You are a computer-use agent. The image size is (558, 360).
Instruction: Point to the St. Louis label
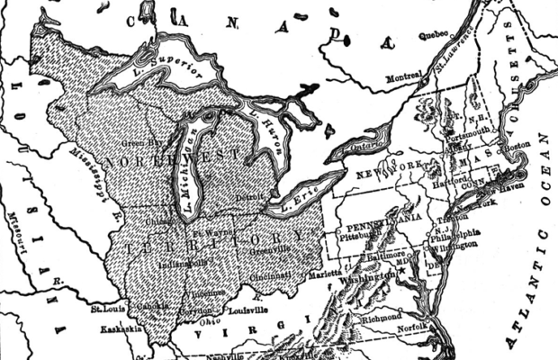(x=107, y=309)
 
